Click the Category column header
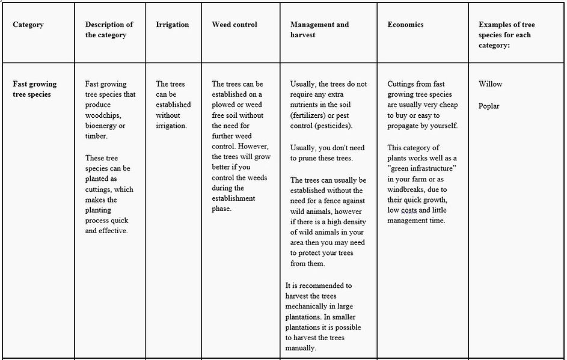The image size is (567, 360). click(x=28, y=25)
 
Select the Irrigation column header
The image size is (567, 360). click(x=172, y=25)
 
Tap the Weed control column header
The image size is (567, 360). click(x=234, y=25)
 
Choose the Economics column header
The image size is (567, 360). click(x=405, y=25)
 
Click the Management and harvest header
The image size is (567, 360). click(x=319, y=29)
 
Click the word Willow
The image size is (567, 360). click(x=491, y=84)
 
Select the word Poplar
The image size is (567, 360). click(x=489, y=106)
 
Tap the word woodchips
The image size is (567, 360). click(x=103, y=115)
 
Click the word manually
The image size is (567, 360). click(x=303, y=348)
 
